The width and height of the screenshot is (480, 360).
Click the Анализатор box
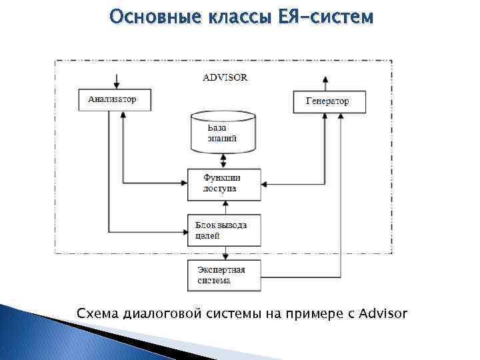pos(114,99)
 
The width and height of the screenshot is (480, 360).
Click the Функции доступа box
pos(223,183)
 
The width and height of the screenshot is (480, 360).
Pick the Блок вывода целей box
pos(223,230)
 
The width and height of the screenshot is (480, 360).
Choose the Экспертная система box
pos(223,275)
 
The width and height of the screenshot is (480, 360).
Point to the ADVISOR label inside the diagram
pos(225,77)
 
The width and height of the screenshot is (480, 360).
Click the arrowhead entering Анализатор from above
pos(117,85)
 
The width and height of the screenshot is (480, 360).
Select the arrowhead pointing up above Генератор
pos(325,78)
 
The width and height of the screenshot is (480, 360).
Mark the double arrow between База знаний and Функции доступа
pos(224,161)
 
